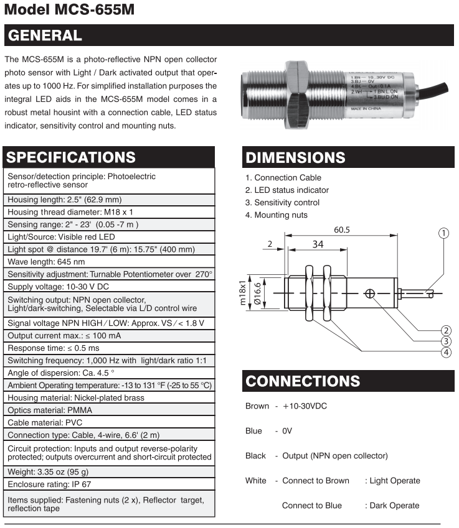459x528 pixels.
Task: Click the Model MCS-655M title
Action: [69, 11]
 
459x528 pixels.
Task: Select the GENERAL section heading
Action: [44, 35]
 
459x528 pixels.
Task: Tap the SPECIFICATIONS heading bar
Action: [70, 157]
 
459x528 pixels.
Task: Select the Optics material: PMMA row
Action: [49, 410]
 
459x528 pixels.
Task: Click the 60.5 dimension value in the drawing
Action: [342, 229]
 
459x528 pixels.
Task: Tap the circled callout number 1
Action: [443, 233]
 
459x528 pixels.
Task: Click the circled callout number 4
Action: [445, 353]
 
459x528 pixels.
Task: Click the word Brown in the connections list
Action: [257, 406]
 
